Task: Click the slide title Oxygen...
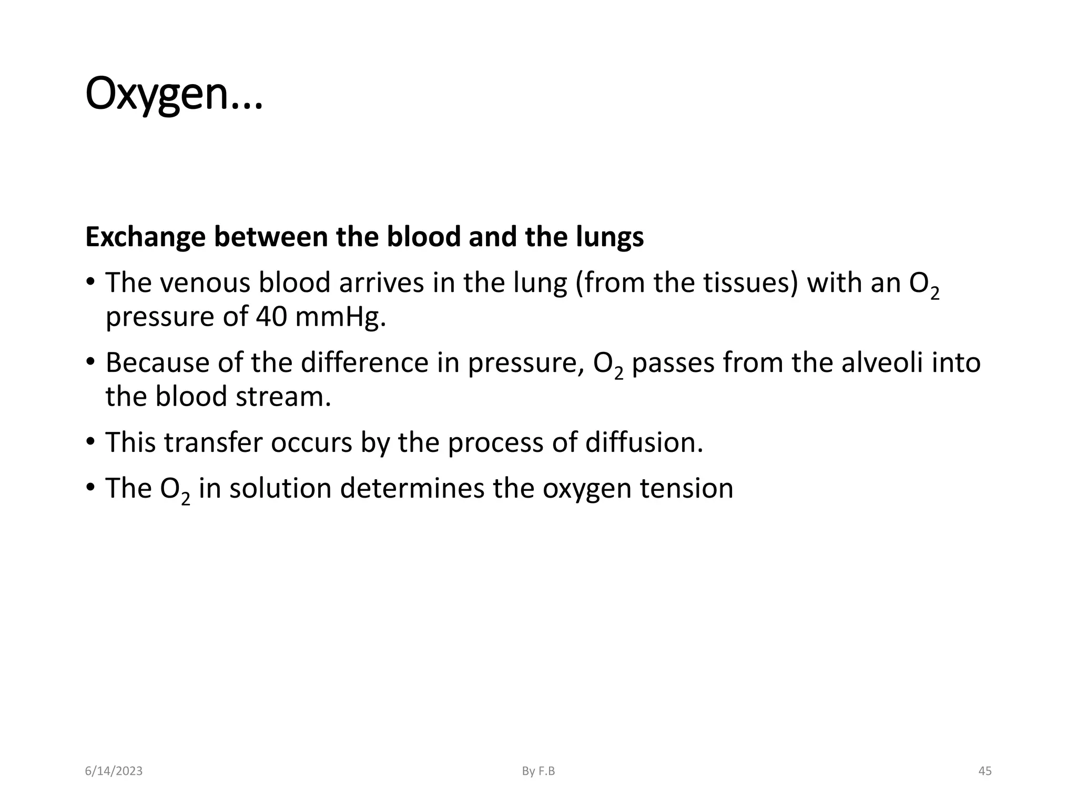pyautogui.click(x=174, y=95)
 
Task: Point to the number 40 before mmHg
pyautogui.click(x=271, y=317)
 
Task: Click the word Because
pyautogui.click(x=157, y=362)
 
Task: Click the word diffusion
pyautogui.click(x=644, y=442)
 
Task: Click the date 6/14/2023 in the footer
pyautogui.click(x=114, y=771)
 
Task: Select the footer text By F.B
pyautogui.click(x=538, y=771)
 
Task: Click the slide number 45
pyautogui.click(x=984, y=771)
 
